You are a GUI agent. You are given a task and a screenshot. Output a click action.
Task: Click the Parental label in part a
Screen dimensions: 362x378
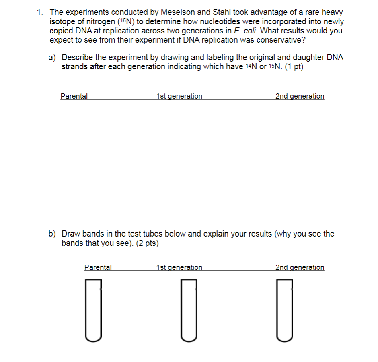74,96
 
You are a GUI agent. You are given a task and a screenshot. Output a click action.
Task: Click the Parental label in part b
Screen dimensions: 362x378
98,267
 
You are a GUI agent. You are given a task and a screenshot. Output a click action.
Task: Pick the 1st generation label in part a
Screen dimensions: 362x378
179,96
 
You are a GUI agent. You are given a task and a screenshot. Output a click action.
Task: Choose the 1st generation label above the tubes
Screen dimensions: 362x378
179,267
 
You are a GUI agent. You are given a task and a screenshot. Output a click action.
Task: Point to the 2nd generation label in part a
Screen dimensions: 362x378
300,96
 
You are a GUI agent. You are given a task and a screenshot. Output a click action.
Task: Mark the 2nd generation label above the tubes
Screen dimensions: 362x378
300,267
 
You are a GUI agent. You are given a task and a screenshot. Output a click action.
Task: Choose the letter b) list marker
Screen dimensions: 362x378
52,234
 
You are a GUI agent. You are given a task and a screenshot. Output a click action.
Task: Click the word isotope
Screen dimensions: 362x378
62,22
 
